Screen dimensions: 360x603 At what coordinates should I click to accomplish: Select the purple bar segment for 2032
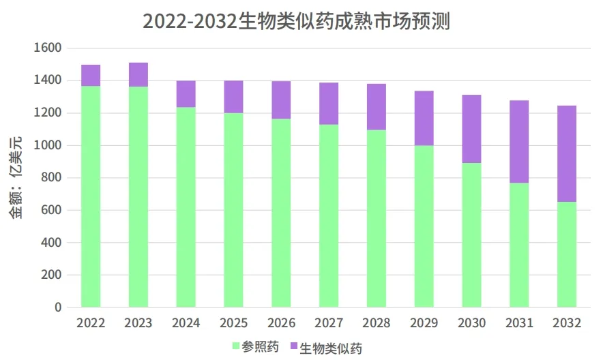[x=566, y=153]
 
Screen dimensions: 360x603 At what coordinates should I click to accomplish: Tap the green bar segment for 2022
[x=91, y=196]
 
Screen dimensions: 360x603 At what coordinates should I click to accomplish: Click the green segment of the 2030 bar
[x=471, y=235]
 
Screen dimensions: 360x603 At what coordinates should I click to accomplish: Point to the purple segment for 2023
[x=138, y=74]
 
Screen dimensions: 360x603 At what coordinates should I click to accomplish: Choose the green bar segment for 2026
[x=281, y=213]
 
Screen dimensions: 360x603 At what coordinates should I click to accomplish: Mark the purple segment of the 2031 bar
[x=519, y=141]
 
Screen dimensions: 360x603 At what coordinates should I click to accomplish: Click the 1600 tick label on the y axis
[x=48, y=48]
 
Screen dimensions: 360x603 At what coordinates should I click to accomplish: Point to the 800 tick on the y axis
[x=52, y=178]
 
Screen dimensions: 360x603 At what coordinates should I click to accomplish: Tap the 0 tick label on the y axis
[x=58, y=307]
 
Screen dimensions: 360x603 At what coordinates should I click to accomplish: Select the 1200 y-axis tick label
[x=48, y=113]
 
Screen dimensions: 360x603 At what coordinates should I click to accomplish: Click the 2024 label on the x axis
[x=186, y=323]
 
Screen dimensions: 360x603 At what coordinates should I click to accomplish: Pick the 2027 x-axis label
[x=329, y=323]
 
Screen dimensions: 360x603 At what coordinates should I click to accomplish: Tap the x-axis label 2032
[x=567, y=323]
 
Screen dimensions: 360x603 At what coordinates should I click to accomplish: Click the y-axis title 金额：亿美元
[x=16, y=177]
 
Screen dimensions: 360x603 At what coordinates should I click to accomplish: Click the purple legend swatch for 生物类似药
[x=294, y=346]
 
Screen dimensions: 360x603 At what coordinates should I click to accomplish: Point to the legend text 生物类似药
[x=332, y=347]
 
